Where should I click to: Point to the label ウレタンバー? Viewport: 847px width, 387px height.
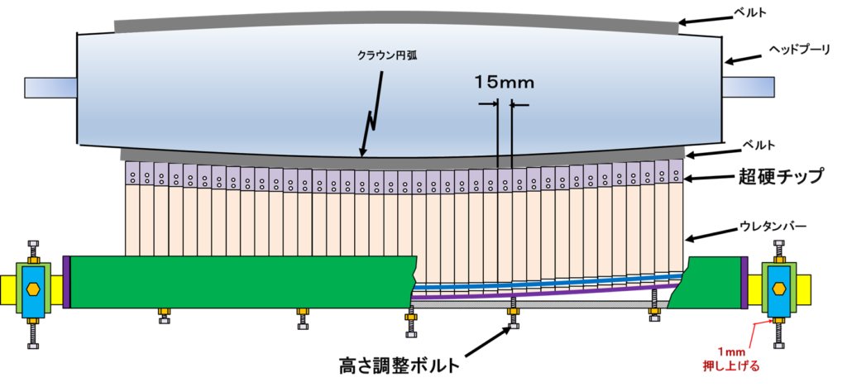point(778,224)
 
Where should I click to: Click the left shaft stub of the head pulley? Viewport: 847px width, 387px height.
point(50,86)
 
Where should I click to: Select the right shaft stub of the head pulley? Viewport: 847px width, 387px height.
point(749,86)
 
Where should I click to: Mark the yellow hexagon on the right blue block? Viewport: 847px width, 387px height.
point(778,289)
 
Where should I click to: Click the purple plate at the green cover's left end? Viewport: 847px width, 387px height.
point(66,282)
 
